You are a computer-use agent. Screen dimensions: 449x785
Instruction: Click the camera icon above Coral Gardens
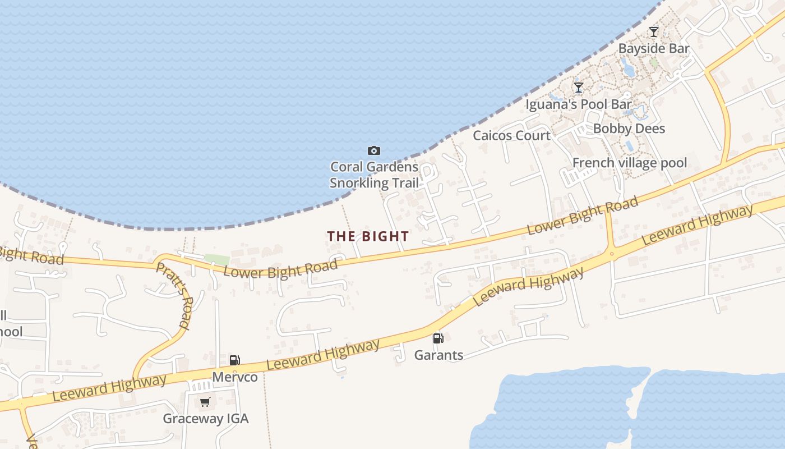pyautogui.click(x=374, y=150)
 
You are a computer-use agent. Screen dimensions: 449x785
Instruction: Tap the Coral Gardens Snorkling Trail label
pyautogui.click(x=374, y=175)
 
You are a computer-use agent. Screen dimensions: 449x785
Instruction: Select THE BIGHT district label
pyautogui.click(x=368, y=236)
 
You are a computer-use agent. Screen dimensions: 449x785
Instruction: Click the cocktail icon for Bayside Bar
pyautogui.click(x=653, y=32)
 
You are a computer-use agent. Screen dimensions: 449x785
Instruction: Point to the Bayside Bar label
pyautogui.click(x=653, y=49)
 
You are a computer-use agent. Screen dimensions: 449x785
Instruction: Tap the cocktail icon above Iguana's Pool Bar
pyautogui.click(x=579, y=88)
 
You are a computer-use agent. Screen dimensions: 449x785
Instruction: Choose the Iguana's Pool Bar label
pyautogui.click(x=578, y=104)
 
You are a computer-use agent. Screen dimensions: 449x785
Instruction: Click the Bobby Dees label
pyautogui.click(x=629, y=129)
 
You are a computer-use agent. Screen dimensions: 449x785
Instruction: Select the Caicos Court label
pyautogui.click(x=511, y=135)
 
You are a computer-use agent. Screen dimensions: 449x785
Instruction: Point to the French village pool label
pyautogui.click(x=629, y=163)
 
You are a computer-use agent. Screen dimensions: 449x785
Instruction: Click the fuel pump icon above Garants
pyautogui.click(x=438, y=338)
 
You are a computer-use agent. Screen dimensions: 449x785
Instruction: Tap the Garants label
pyautogui.click(x=438, y=355)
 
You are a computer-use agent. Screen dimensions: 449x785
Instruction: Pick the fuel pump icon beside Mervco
pyautogui.click(x=235, y=360)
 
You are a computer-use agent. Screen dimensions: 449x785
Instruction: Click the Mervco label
pyautogui.click(x=235, y=377)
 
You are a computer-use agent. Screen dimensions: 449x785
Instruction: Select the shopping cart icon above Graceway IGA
pyautogui.click(x=205, y=402)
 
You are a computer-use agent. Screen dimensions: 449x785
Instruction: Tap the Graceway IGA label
pyautogui.click(x=205, y=419)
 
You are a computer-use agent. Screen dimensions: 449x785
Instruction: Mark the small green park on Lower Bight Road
pyautogui.click(x=216, y=259)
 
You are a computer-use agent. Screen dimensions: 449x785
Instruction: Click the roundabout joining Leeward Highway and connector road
pyautogui.click(x=612, y=254)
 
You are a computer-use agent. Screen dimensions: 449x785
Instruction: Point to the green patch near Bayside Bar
pyautogui.click(x=654, y=63)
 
